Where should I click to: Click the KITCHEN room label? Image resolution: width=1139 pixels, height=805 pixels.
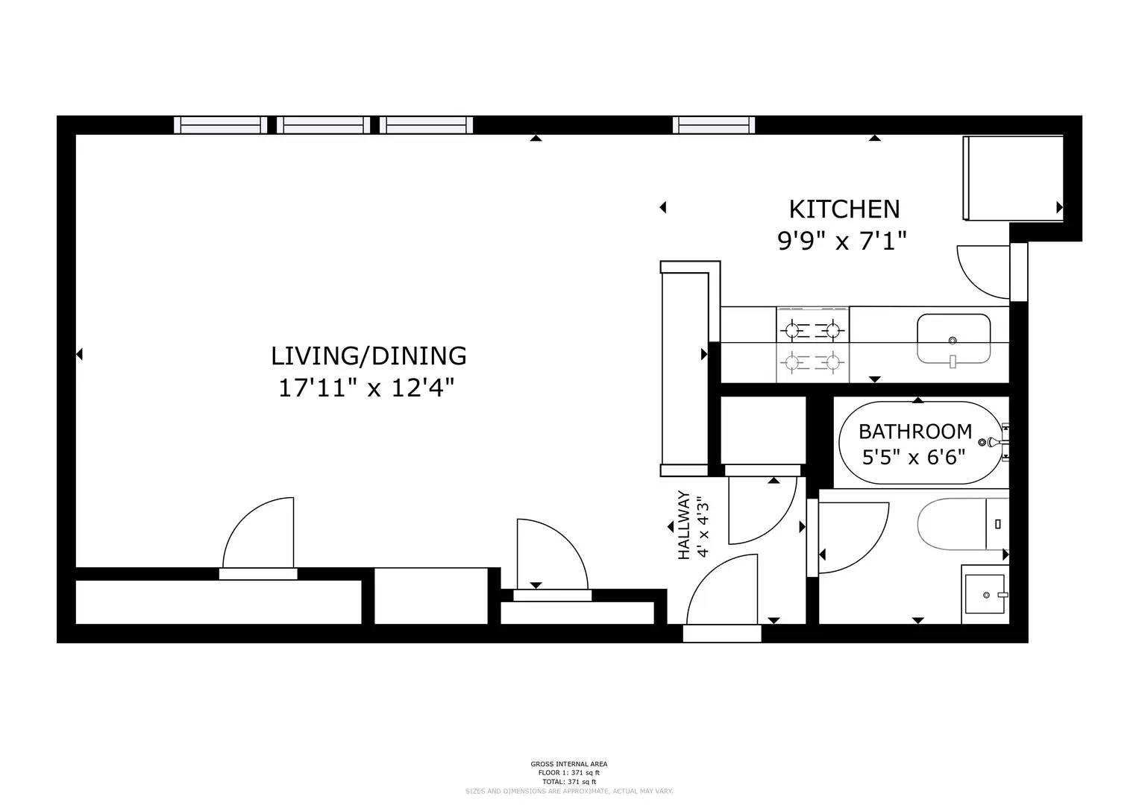(x=844, y=209)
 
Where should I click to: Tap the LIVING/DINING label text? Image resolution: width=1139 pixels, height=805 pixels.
(x=368, y=356)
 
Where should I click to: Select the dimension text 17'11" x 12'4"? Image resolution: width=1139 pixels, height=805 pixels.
(x=366, y=388)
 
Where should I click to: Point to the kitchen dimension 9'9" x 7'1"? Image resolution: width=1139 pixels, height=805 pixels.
(x=842, y=241)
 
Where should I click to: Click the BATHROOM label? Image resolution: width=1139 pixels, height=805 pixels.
(x=914, y=432)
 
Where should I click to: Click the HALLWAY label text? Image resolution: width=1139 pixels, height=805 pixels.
(x=683, y=525)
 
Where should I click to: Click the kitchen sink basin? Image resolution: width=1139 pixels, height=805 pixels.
(x=953, y=338)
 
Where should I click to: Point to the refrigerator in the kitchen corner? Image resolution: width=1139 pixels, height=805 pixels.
(x=1011, y=178)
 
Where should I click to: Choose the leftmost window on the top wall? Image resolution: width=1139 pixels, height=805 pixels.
(x=220, y=124)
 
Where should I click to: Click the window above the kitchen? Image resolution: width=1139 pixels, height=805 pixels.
(x=713, y=124)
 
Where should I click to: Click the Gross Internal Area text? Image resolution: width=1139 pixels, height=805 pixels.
(x=568, y=764)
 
